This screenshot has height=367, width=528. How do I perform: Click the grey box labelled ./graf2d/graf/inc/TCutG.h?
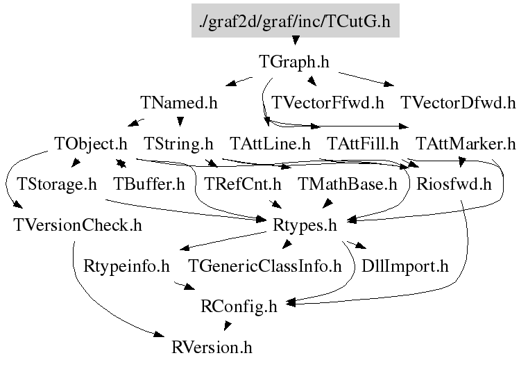point(296,21)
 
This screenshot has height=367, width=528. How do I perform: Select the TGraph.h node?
point(294,62)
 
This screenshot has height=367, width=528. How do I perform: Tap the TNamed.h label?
point(179,103)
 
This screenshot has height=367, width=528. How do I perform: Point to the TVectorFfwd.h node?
point(327,103)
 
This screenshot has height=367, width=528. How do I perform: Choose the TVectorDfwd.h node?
point(459,103)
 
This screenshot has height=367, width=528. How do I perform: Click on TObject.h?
point(91,144)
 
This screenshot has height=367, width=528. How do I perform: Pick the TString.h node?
point(178,144)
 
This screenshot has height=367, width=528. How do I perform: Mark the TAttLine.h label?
point(270,144)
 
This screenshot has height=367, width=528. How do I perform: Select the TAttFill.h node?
point(363,144)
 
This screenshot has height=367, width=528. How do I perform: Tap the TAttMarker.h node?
point(466,144)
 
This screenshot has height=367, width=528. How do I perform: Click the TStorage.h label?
point(57,185)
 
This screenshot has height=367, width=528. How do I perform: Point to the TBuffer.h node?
point(149,185)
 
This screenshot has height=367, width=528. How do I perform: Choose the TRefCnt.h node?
point(242,185)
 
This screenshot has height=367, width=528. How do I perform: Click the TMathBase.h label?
point(348,185)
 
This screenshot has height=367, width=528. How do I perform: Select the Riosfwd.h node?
point(454,185)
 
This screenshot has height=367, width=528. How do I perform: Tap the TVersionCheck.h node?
point(78,225)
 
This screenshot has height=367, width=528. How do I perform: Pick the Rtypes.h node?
point(305,226)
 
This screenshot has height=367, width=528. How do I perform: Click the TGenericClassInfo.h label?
point(265,266)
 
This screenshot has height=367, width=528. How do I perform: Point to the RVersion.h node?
point(212,348)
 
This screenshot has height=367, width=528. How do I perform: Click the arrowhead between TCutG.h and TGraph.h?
point(296,40)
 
